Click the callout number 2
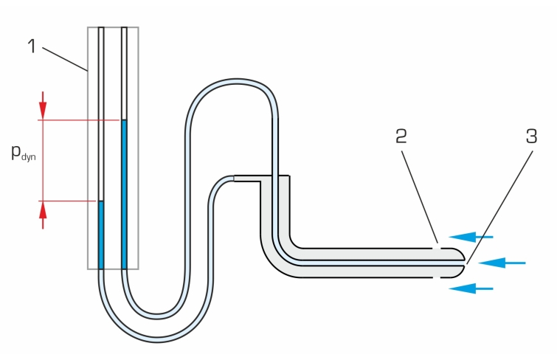pos(401,136)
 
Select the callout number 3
pos(531,136)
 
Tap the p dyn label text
pos(23,153)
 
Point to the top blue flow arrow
pos(471,237)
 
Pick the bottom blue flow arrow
pos(471,288)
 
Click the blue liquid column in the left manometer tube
pos(101,235)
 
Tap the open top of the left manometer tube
pos(101,30)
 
